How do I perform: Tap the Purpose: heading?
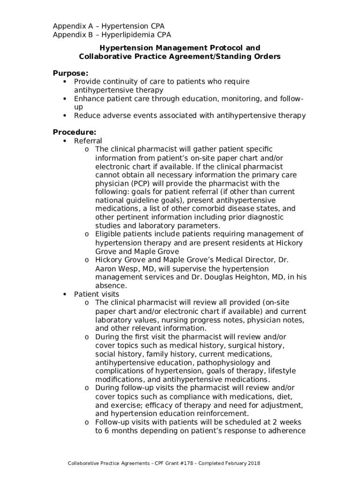point(70,73)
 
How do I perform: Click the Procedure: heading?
point(74,132)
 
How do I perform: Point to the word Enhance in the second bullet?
point(89,99)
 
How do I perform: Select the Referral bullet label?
point(88,141)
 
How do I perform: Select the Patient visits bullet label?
point(96,294)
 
